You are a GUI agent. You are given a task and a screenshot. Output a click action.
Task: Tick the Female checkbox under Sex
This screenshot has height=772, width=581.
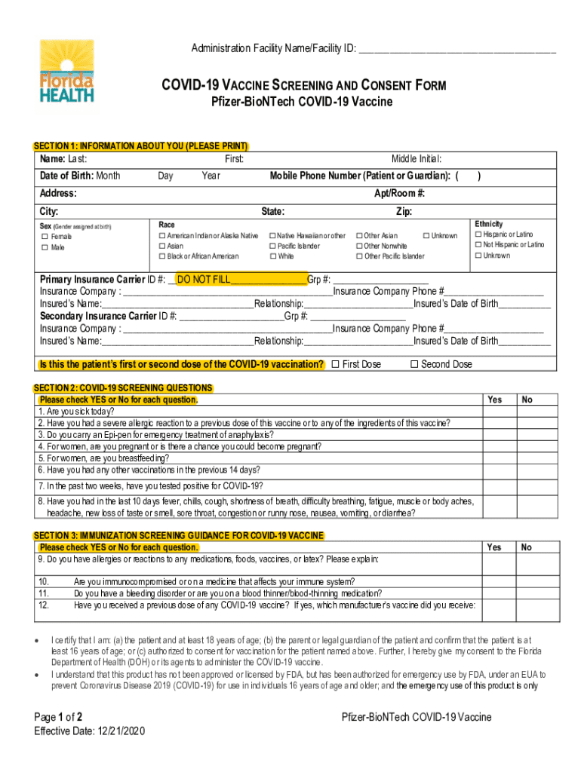pos(45,237)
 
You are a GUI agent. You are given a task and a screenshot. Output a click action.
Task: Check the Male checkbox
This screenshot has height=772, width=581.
pos(45,247)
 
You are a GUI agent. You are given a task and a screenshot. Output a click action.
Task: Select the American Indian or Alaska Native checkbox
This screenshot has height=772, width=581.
pos(162,236)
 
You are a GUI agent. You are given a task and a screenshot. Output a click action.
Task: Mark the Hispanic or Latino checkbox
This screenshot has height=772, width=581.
pos(478,235)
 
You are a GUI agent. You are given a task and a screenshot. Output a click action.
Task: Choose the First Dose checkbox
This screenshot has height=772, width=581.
pos(336,365)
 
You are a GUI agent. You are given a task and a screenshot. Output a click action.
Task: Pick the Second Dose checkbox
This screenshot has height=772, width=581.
pos(413,365)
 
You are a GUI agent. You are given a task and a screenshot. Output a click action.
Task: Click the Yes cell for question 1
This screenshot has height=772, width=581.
pos(494,412)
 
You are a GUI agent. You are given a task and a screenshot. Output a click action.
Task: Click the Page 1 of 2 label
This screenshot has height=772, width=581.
pos(59,717)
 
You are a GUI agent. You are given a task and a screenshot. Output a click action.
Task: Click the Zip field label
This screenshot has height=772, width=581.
pos(404,212)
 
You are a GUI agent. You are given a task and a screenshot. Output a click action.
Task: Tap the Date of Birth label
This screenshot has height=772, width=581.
pos(65,176)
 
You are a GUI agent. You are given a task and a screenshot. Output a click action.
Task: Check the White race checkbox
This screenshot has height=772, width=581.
pos(272,256)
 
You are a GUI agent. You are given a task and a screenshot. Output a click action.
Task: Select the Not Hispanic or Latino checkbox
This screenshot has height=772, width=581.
pos(478,245)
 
